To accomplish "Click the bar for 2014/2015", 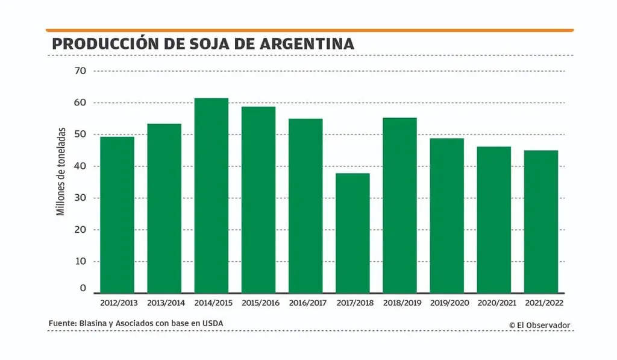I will click(211, 195).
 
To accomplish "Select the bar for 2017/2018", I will click(352, 233).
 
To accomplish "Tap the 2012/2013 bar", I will click(117, 215).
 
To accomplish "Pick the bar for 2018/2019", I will click(399, 205).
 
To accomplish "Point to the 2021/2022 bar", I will click(541, 221).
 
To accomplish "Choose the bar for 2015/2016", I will click(258, 200).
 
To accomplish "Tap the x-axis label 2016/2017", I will click(305, 303).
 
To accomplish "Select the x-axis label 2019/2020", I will click(447, 303).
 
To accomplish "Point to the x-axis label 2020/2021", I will click(494, 303).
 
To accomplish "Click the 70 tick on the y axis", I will click(81, 71).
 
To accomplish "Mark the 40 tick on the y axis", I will click(81, 166).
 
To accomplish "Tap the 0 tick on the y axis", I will click(84, 289).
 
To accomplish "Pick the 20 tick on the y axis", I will click(81, 230).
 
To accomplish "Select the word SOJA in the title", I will click(199, 44).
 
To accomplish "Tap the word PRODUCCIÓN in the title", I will click(103, 44).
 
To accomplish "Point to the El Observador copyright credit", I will click(539, 325).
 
